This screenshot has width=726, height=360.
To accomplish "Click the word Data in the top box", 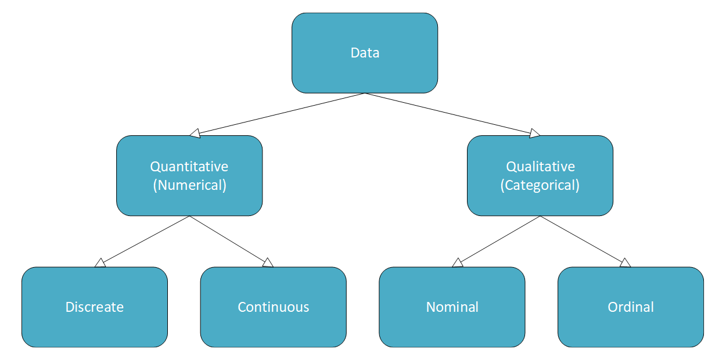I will coord(365,53).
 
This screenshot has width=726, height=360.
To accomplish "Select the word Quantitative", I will coord(189,167).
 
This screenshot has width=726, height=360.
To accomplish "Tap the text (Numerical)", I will coord(189,186).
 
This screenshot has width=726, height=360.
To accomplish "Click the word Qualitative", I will coord(540,167).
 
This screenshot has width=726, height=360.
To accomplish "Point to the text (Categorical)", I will coord(540,186).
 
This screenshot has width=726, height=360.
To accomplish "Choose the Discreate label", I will coord(95,307).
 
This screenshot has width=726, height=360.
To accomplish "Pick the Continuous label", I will coord(274,307).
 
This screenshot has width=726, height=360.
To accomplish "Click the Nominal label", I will coord(452,307).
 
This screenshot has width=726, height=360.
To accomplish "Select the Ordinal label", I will coord(631,307).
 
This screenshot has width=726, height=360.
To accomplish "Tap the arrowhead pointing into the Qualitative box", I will coord(534,134).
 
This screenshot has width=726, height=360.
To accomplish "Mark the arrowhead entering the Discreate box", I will coord(100,264).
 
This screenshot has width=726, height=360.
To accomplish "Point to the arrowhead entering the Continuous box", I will coord(268,264).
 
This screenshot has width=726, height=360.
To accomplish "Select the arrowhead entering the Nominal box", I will coord(458,264).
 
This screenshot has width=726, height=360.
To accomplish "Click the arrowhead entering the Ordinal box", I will coord(625,264).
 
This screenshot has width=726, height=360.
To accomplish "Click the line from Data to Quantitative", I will coord(279,114).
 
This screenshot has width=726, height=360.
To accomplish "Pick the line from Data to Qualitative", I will coord(450,114).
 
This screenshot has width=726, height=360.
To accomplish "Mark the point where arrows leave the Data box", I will coord(365,93).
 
